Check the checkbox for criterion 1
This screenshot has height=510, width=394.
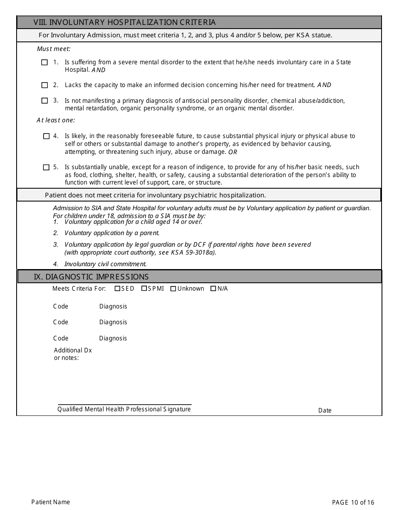(44, 63)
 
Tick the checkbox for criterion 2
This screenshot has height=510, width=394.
(44, 85)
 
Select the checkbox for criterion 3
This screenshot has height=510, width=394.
(44, 101)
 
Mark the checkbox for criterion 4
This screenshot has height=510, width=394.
(46, 136)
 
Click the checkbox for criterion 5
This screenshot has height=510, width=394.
(46, 168)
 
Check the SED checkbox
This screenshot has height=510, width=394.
(117, 289)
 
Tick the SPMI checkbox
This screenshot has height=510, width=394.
(144, 289)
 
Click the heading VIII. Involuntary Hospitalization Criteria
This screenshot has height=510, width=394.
(124, 22)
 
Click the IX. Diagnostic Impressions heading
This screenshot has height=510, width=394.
(91, 277)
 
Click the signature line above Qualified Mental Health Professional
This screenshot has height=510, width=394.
(124, 404)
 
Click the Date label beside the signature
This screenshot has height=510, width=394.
(325, 410)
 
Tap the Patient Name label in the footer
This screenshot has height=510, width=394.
(51, 502)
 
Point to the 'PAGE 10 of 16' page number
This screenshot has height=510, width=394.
(353, 503)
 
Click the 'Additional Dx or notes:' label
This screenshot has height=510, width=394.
(73, 354)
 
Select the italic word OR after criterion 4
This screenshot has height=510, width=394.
(233, 152)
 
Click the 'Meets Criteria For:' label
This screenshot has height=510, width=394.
(79, 289)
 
